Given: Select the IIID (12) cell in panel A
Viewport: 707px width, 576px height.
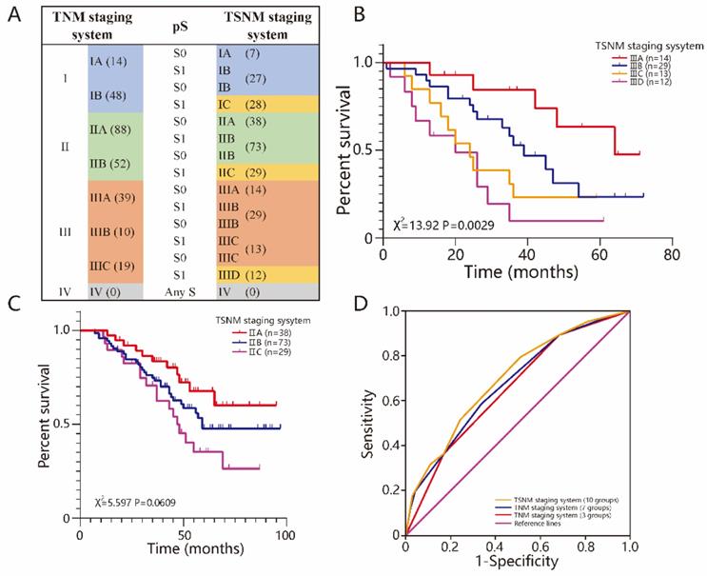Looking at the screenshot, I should (x=243, y=274).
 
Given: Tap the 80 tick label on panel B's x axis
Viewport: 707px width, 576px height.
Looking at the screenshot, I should (x=671, y=257).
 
